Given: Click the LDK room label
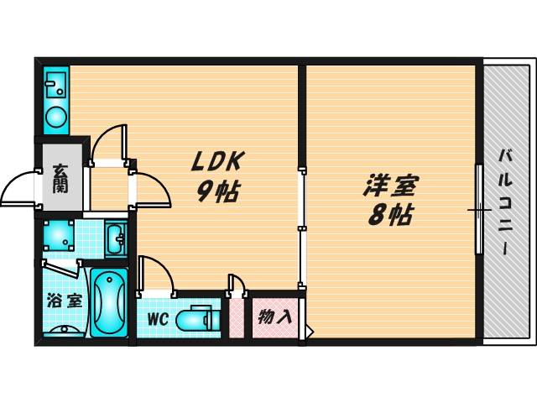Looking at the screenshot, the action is click(x=218, y=161).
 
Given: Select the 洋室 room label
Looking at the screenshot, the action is click(x=391, y=186).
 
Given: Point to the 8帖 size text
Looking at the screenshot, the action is click(x=390, y=215).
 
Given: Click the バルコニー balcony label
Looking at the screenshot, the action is click(x=505, y=202).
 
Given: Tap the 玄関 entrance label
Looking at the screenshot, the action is click(x=60, y=179).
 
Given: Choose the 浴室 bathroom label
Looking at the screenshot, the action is click(x=65, y=301).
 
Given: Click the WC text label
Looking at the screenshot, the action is click(x=158, y=319).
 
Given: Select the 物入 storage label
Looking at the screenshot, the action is click(x=275, y=317).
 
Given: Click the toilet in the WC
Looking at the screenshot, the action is click(x=198, y=317).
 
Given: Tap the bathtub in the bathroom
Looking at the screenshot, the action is click(x=109, y=302).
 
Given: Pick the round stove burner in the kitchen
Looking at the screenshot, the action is click(x=56, y=117).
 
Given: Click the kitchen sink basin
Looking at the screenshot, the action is click(x=56, y=85).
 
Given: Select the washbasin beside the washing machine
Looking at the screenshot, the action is click(x=116, y=238).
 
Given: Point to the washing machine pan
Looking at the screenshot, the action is click(x=59, y=235).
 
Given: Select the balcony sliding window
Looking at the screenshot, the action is click(x=479, y=209).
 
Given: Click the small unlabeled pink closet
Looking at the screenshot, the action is click(x=236, y=318).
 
